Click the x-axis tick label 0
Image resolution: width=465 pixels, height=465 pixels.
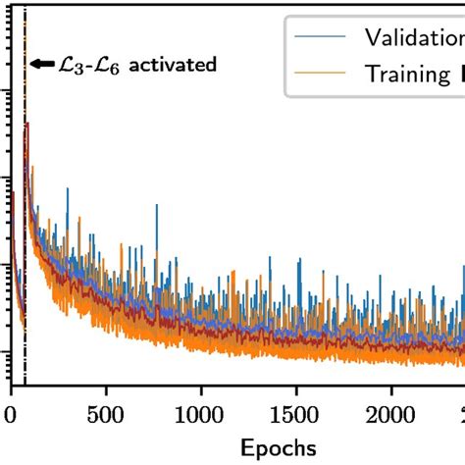(11, 415)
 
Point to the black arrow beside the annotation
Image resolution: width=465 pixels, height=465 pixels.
(41, 65)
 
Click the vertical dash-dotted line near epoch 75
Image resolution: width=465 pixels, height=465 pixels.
(26, 245)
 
